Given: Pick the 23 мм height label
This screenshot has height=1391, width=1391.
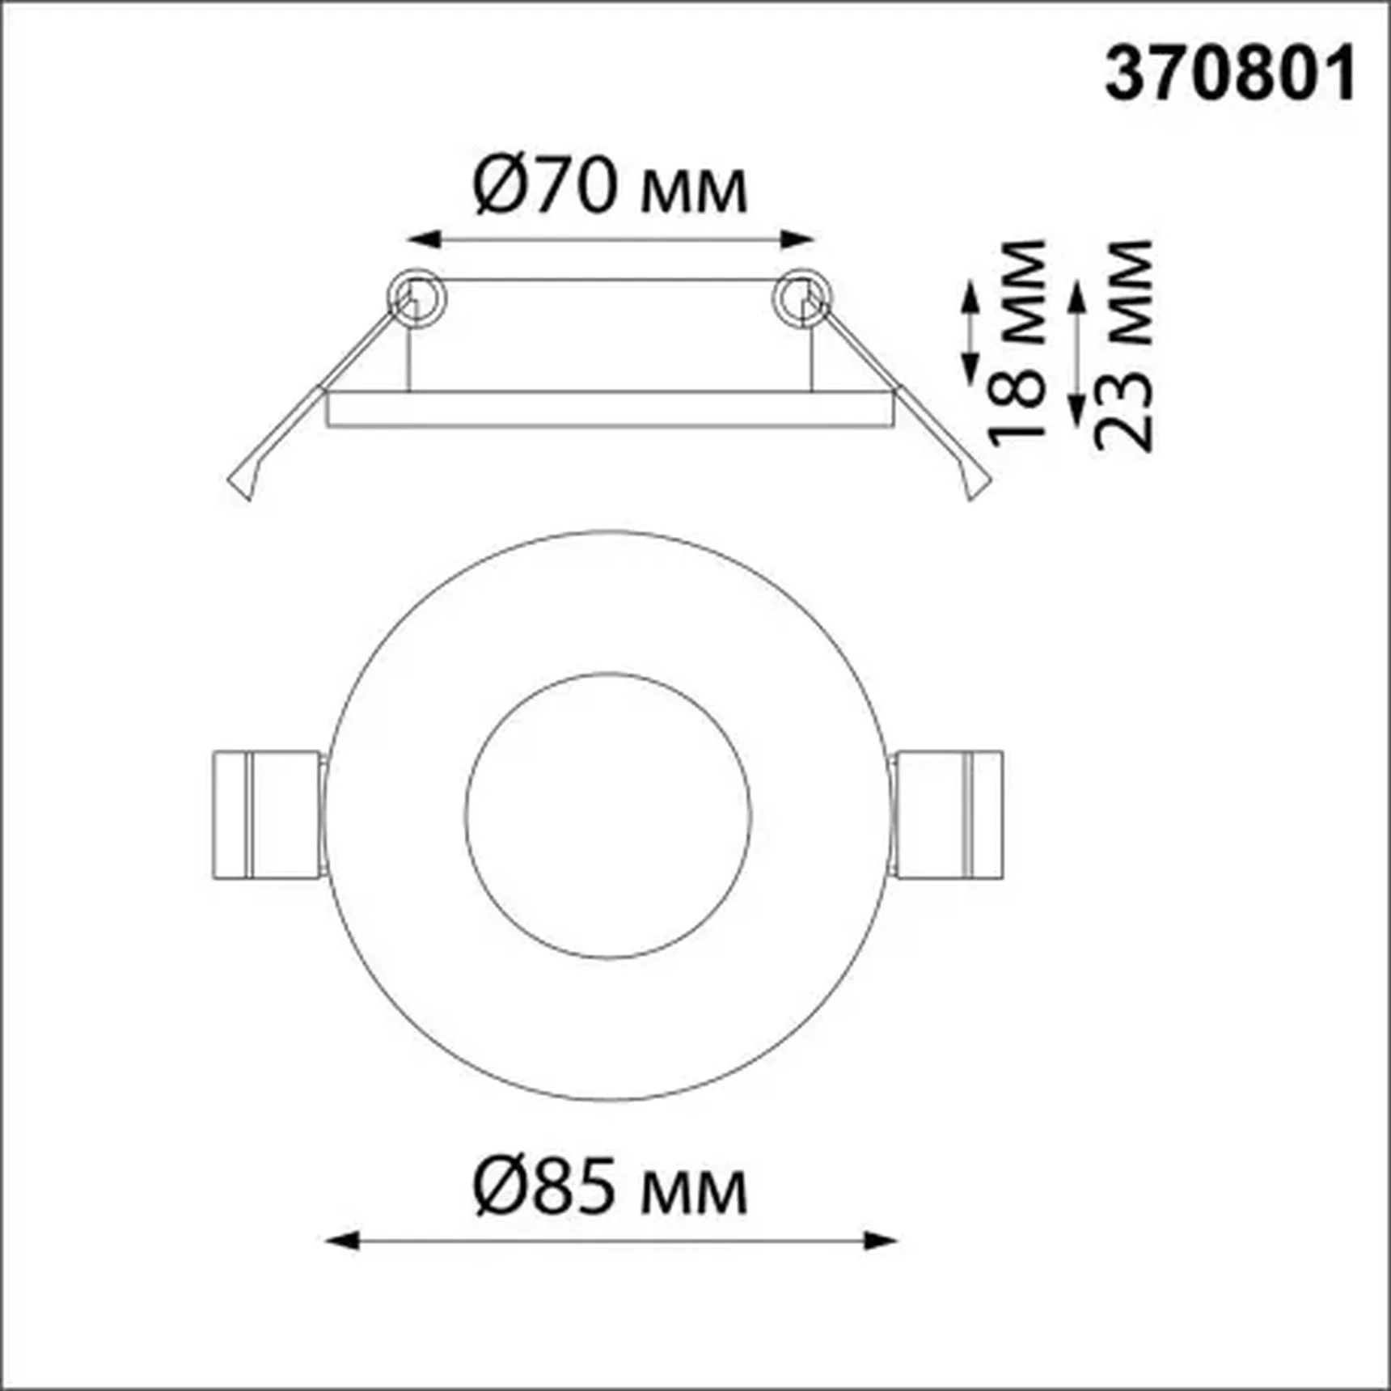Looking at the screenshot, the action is coord(1123,345).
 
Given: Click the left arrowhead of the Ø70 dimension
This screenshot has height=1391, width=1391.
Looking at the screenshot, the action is coord(423,239).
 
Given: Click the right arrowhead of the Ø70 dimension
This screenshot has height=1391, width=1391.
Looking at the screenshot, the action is coord(797,239).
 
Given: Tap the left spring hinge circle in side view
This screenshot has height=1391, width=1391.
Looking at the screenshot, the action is coord(416,297).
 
